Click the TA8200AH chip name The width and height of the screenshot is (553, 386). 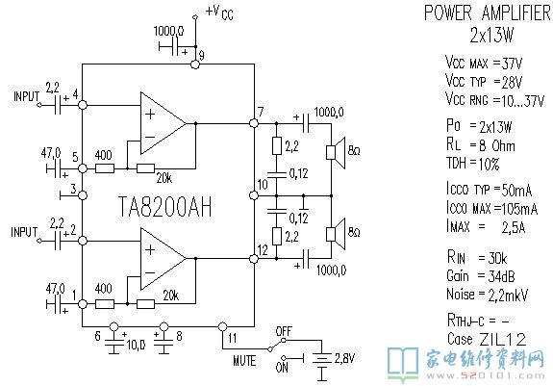[x=165, y=206]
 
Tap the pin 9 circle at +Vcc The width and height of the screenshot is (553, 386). [x=195, y=64]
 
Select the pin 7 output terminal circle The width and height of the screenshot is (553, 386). [x=254, y=123]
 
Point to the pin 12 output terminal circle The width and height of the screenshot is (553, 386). [x=254, y=259]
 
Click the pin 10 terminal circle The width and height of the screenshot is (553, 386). [x=254, y=195]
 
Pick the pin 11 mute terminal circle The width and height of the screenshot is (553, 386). [x=222, y=326]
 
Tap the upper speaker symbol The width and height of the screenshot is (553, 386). [x=336, y=152]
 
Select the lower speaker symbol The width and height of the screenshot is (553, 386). [x=336, y=234]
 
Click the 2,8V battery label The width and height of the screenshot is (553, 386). [x=344, y=358]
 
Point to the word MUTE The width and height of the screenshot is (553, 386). [x=244, y=360]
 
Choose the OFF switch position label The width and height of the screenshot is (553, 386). [x=284, y=331]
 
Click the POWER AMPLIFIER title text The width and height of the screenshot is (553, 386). [x=488, y=13]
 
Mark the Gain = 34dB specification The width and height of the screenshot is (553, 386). [x=481, y=275]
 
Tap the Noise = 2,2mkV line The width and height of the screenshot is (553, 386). [x=487, y=295]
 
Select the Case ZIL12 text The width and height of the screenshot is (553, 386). [x=487, y=339]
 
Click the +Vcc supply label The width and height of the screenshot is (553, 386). [x=219, y=13]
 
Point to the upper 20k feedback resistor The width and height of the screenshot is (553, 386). [x=145, y=168]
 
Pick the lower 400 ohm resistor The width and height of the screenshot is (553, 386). [x=105, y=304]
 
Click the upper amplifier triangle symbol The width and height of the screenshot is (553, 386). [x=163, y=123]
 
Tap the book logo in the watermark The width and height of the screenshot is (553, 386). [x=403, y=363]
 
